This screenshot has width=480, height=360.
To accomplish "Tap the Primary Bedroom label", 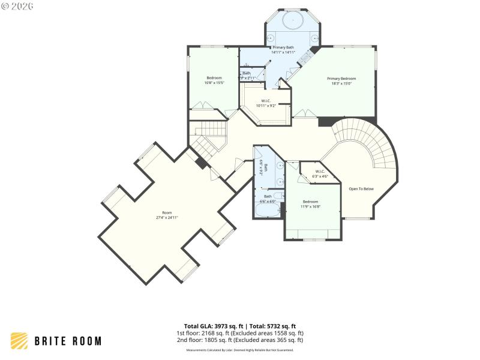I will tap(341, 79).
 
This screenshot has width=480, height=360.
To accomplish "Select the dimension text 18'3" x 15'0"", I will tap(341, 84).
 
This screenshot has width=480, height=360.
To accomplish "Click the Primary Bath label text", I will tap(283, 47).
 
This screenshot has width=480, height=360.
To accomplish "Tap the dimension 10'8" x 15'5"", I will tap(214, 83).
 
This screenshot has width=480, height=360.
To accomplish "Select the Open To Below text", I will tap(361, 189).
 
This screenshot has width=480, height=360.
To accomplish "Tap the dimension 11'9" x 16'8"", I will tap(310, 206).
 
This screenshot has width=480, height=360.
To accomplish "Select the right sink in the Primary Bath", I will tap(313, 37).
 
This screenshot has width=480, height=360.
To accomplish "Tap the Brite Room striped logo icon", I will tap(19, 341).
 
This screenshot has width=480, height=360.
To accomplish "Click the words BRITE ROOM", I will tap(67, 341).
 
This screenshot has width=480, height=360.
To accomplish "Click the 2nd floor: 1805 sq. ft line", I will tap(240, 340).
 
